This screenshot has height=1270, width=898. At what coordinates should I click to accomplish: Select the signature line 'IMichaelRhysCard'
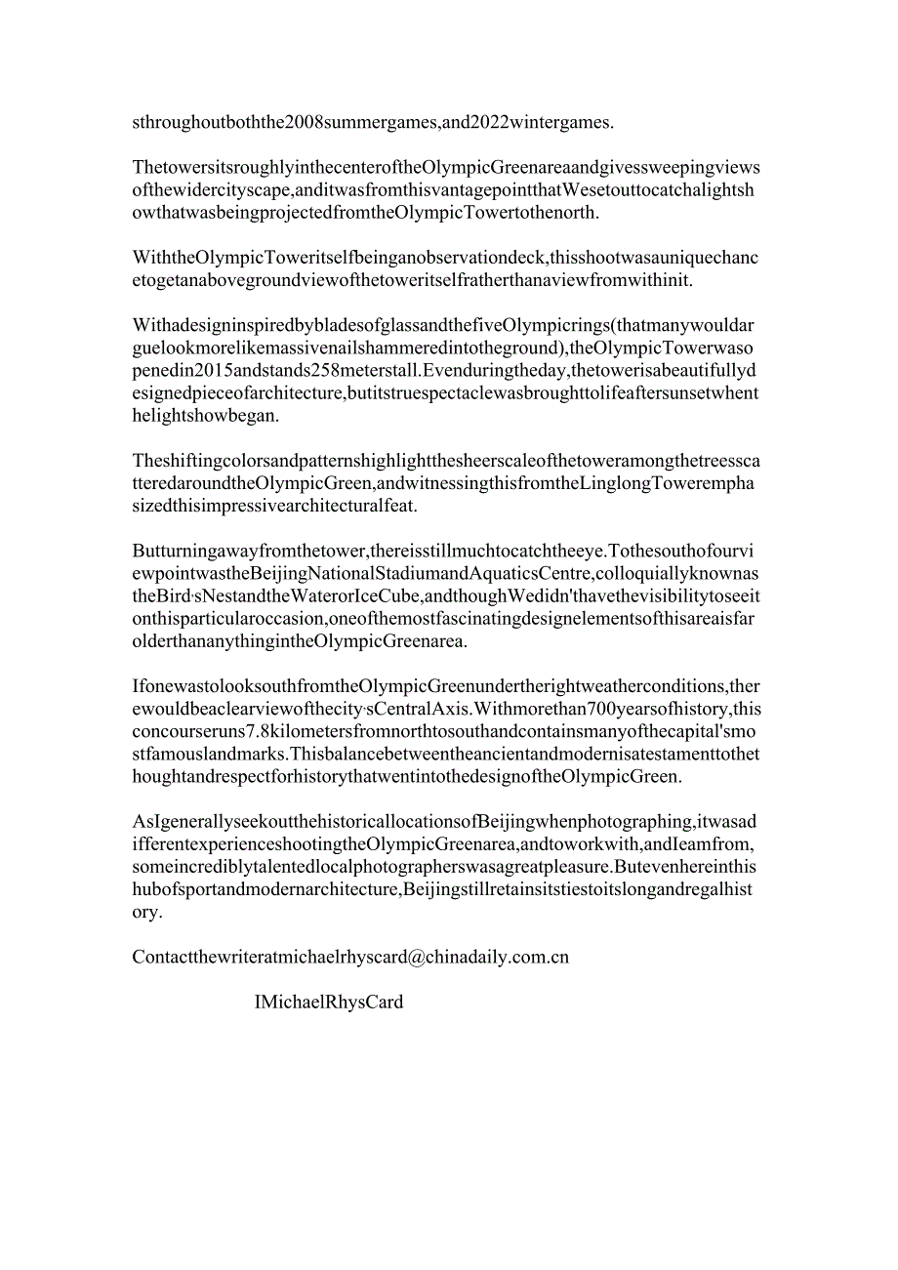[x=328, y=1003]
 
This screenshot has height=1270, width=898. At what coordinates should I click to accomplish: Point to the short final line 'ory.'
[x=147, y=913]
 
